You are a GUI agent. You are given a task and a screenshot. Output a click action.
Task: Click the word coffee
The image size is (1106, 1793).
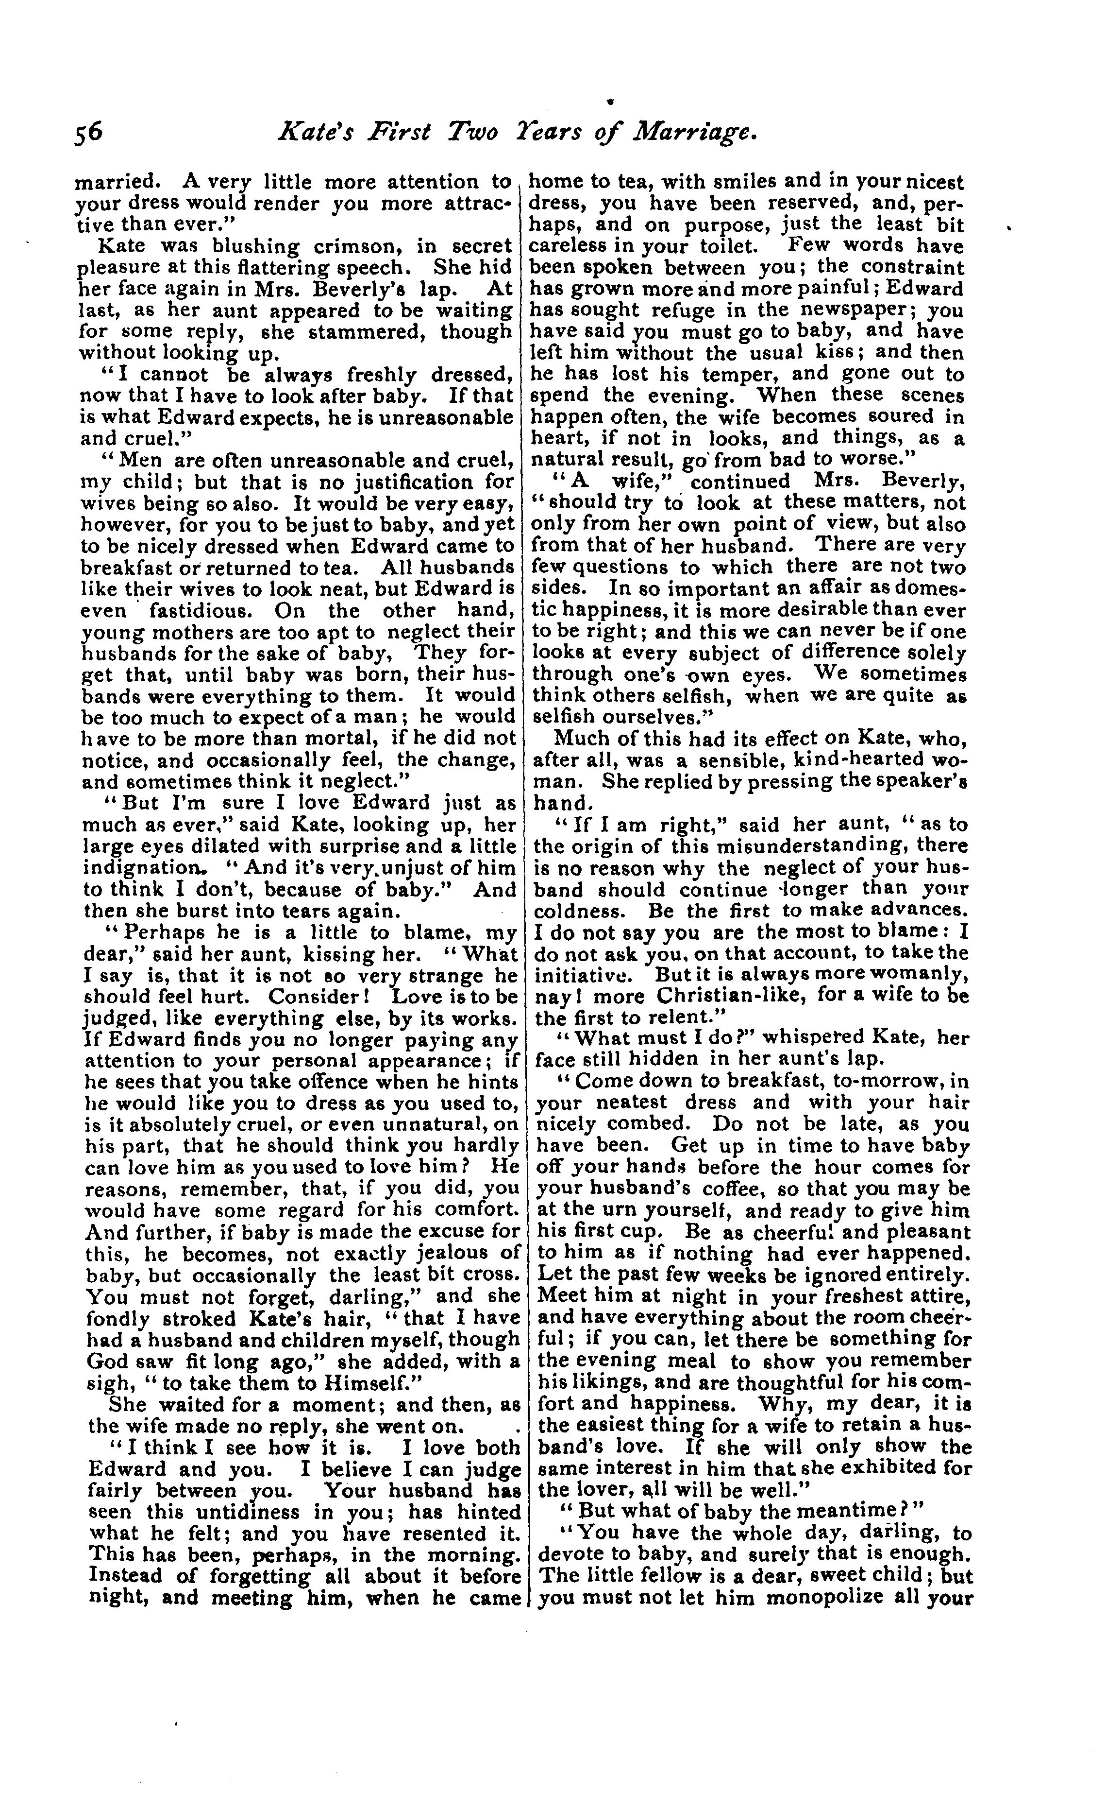tap(764, 1189)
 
